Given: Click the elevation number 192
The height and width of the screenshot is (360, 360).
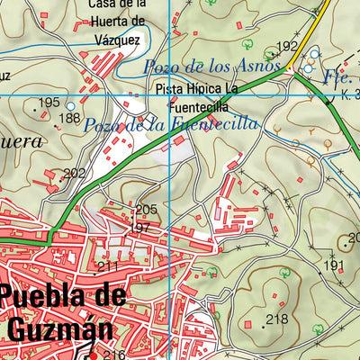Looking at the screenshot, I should (286, 47).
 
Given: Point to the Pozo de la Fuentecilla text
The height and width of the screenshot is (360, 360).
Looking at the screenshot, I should (171, 125).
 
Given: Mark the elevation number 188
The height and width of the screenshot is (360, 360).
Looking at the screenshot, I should (69, 118).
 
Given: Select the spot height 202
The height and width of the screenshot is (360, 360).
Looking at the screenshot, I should (75, 174).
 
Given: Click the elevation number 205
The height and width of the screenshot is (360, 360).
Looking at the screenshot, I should (146, 210).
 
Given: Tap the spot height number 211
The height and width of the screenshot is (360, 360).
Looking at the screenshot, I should (108, 266).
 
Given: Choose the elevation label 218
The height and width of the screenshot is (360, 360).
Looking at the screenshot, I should (277, 319).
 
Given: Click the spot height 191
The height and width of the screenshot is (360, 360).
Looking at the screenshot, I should (334, 265).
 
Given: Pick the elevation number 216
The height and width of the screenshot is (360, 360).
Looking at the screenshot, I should (113, 354).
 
